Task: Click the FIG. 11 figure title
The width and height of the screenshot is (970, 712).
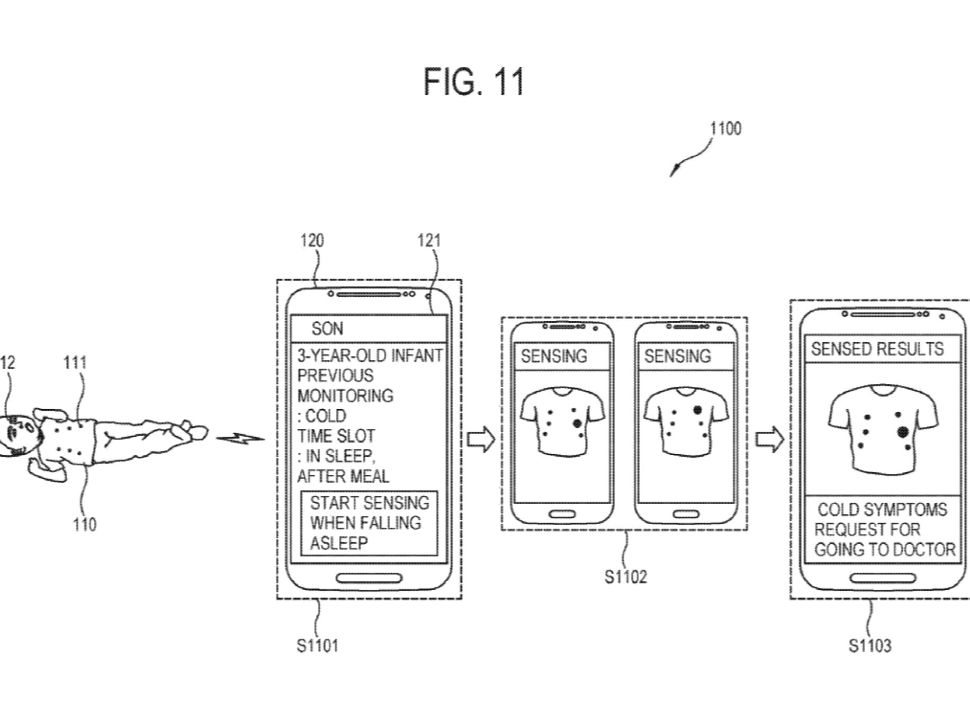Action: (x=474, y=82)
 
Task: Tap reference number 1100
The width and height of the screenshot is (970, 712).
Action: (x=725, y=129)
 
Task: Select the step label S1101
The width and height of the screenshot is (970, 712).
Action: (x=317, y=646)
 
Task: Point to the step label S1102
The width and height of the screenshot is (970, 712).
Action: (x=626, y=576)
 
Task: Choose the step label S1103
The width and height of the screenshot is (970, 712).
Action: (x=870, y=646)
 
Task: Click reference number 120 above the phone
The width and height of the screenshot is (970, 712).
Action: (x=312, y=241)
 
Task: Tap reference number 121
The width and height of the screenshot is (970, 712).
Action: (x=429, y=241)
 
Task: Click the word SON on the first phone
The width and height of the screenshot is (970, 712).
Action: (x=327, y=329)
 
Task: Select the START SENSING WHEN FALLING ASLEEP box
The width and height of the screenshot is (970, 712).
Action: (x=369, y=523)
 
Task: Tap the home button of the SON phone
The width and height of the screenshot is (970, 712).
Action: (x=369, y=579)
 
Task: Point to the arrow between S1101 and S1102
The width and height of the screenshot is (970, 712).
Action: (x=481, y=439)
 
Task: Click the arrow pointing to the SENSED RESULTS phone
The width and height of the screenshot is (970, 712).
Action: (x=769, y=439)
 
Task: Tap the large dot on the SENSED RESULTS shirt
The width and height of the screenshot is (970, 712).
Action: (x=902, y=432)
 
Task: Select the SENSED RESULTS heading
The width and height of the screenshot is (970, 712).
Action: (x=877, y=349)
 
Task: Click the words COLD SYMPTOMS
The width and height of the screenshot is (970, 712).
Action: (x=882, y=509)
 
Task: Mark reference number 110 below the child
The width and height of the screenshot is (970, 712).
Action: (x=85, y=525)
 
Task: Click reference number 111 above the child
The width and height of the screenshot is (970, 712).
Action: (x=75, y=363)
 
